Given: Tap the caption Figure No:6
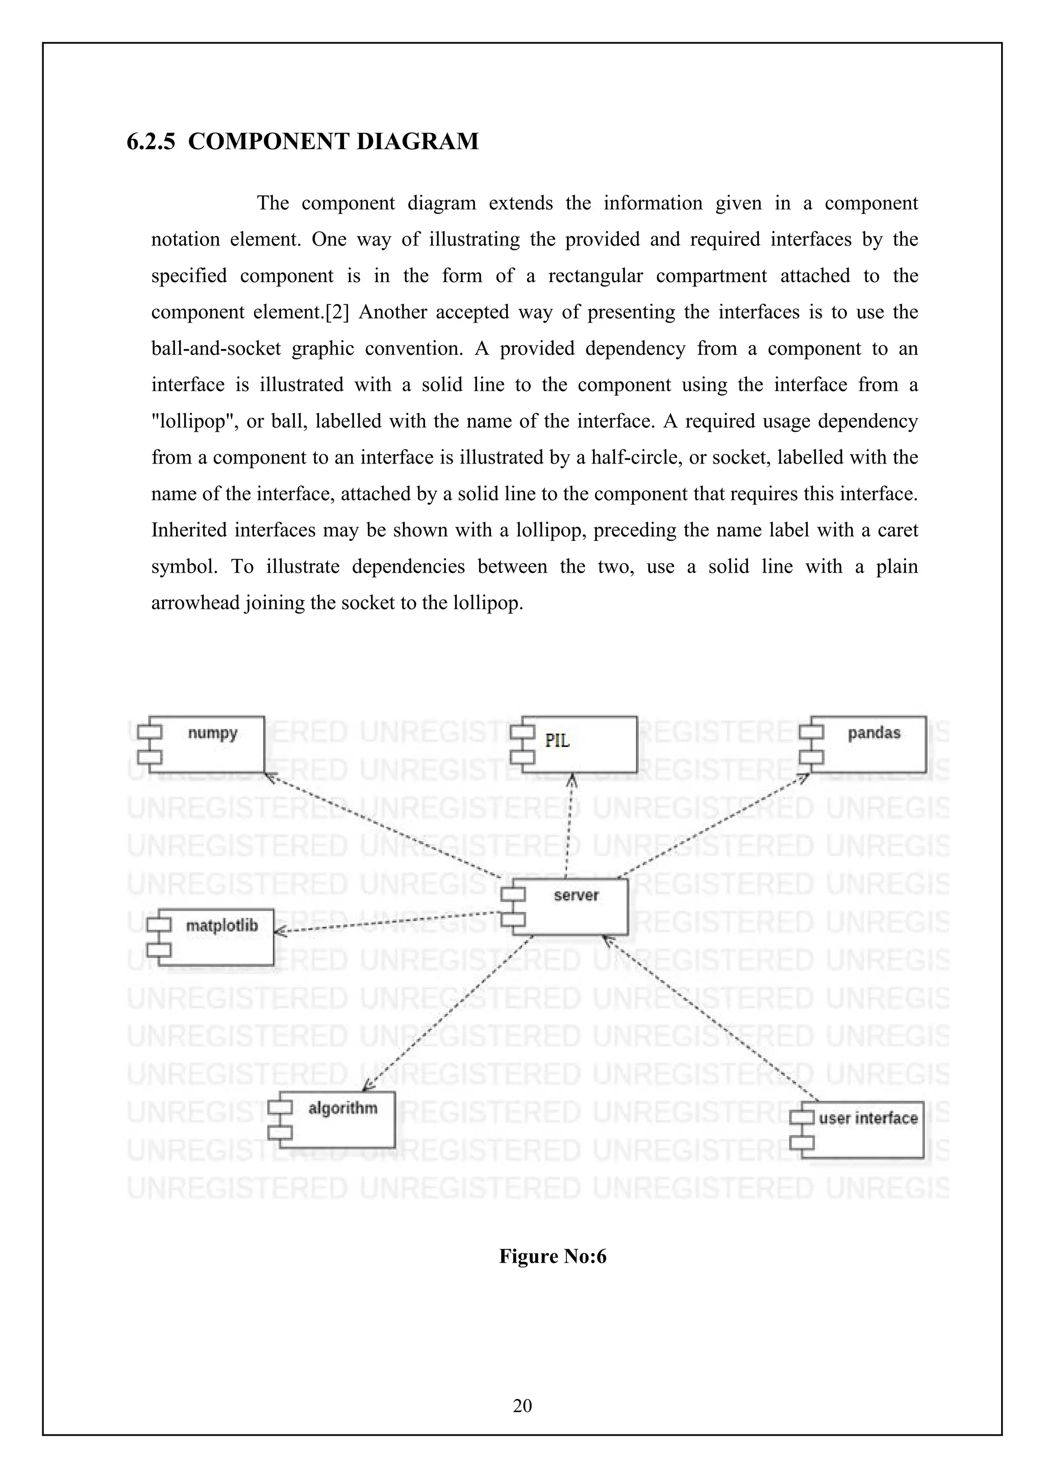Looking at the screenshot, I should (553, 1256).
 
